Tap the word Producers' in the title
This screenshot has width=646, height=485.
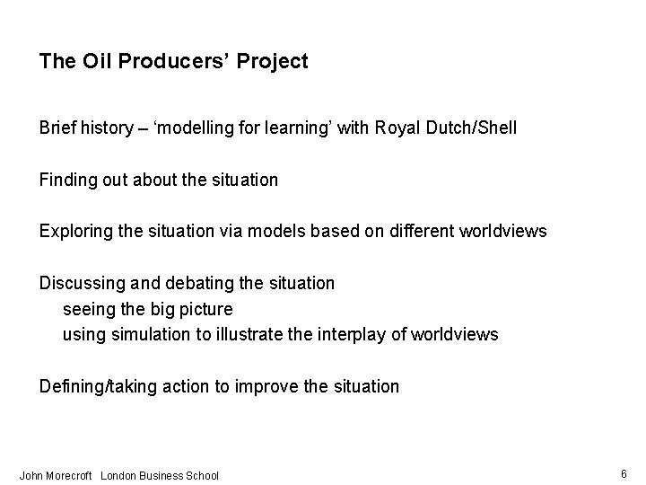pos(168,61)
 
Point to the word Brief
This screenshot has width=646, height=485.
pos(58,128)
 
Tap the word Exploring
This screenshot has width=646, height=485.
pos(75,232)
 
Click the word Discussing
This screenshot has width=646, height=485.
pos(80,283)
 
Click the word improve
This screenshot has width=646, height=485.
pos(266,386)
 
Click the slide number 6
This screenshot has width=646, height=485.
pos(623,472)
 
